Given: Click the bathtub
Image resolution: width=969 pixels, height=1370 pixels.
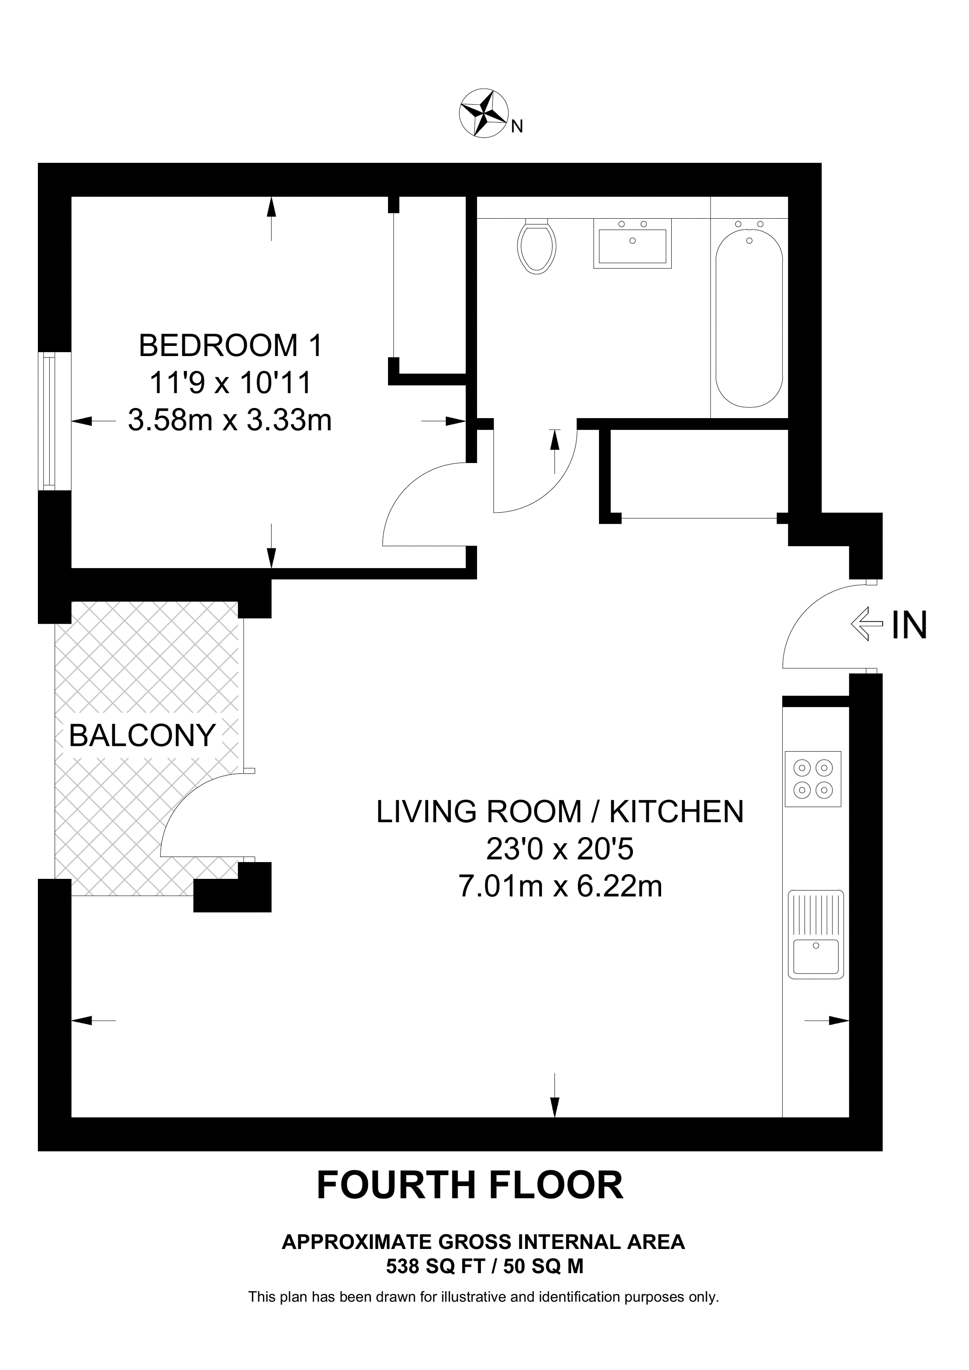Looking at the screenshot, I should tap(749, 316).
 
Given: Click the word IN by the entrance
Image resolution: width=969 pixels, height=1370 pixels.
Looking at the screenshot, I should tap(909, 625).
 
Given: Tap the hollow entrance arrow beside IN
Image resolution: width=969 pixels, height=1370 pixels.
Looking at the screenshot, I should tap(866, 624).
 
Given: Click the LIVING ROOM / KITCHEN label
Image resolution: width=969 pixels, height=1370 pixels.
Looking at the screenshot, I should tap(560, 812).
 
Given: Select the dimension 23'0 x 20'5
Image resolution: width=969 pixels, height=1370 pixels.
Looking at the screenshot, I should tap(559, 849).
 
